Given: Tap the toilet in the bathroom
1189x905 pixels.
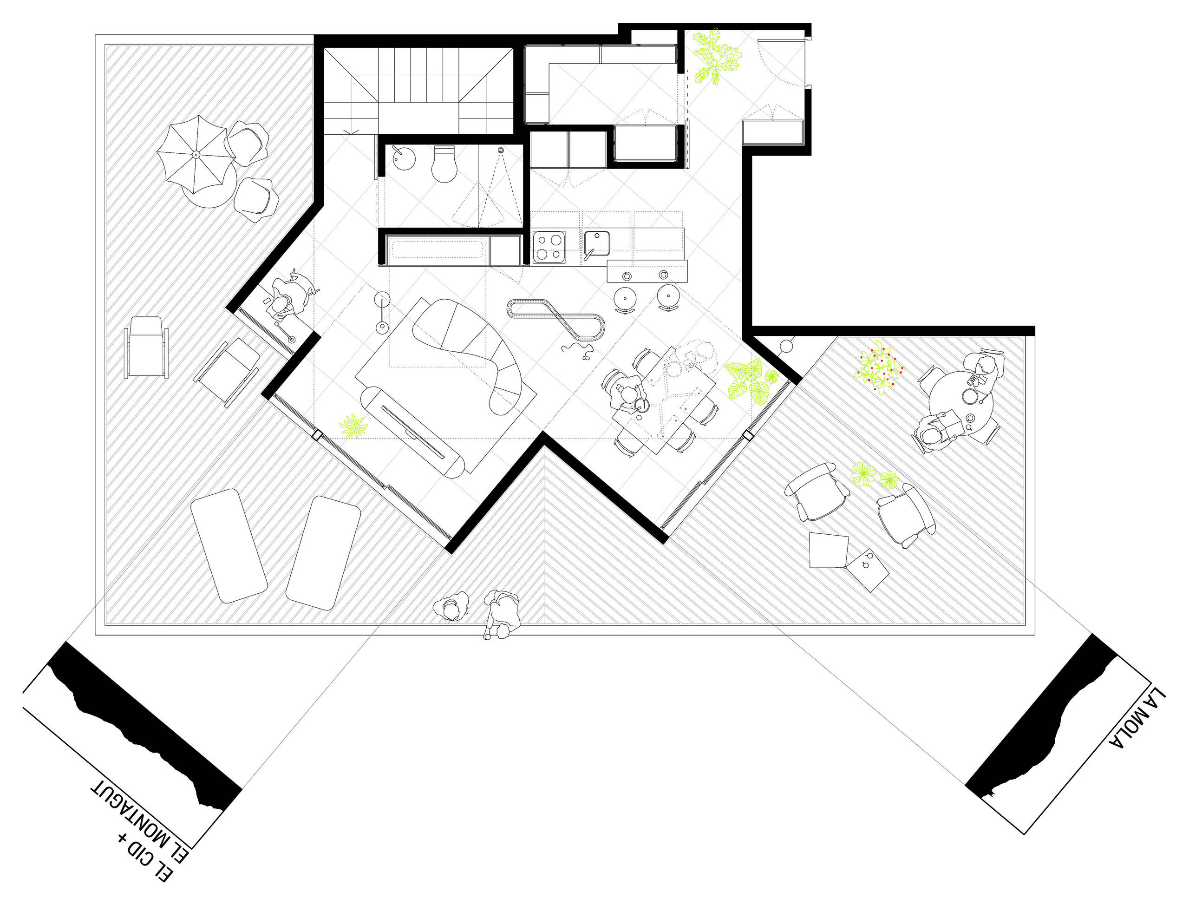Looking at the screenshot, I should coord(444,164).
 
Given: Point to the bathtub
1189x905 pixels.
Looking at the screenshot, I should coord(436,251).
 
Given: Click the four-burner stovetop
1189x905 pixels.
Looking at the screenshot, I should coord(549,247).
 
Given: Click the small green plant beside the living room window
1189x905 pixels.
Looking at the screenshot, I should coord(353,426).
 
